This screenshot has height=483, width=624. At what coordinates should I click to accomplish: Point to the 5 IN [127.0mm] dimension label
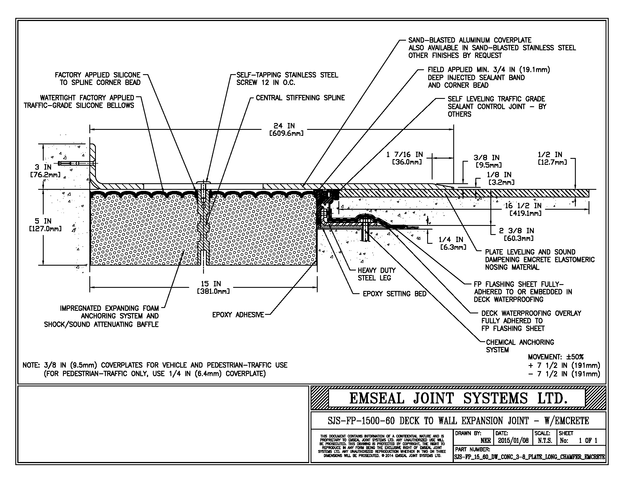45,225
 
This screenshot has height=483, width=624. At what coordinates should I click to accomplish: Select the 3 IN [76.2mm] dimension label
45,170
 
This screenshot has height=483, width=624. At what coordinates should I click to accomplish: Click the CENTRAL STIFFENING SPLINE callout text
300,98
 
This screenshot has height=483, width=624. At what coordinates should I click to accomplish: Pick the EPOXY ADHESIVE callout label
238,315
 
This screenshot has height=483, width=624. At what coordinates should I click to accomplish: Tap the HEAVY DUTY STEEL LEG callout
376,274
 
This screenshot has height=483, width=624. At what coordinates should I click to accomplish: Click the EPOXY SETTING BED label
394,294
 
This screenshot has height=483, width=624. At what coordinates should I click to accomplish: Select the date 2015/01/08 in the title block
513,441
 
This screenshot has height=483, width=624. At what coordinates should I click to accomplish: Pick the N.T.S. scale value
545,441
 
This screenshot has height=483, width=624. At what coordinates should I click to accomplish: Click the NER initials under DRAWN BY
485,441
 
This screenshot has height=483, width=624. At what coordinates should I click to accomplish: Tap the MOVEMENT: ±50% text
555,357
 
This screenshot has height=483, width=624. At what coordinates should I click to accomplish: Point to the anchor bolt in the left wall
76,163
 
